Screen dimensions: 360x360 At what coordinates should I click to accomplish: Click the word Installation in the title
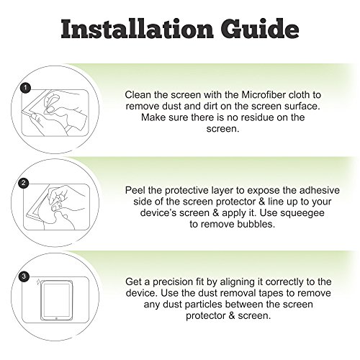[137, 29]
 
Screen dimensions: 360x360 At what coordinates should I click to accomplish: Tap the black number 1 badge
[26, 88]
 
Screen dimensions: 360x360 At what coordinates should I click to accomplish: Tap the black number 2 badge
[24, 183]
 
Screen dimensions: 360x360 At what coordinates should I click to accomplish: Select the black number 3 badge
[24, 276]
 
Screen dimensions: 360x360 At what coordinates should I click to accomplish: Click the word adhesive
[319, 190]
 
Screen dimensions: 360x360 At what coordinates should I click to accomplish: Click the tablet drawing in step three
[56, 300]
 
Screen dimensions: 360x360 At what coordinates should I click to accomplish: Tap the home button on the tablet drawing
[56, 318]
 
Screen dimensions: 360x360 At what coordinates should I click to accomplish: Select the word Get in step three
[134, 282]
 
